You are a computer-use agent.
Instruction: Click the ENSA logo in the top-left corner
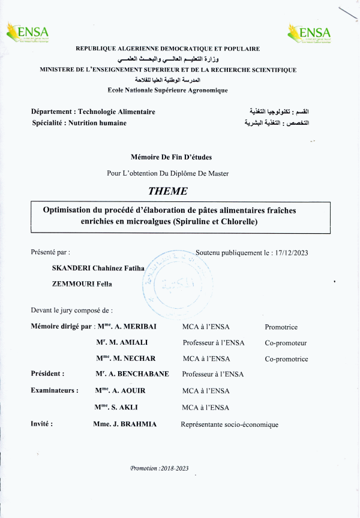coord(27,33)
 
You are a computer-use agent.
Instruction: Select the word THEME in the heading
coord(167,191)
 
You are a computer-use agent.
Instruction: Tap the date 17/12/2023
coord(289,253)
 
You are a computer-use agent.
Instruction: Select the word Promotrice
coord(281,327)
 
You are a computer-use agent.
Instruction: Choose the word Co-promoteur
coord(286,343)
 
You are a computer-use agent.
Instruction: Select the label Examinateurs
coord(54,390)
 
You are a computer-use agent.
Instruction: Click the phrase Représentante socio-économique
coord(229,424)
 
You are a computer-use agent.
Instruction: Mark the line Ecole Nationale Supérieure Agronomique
coord(167,90)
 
